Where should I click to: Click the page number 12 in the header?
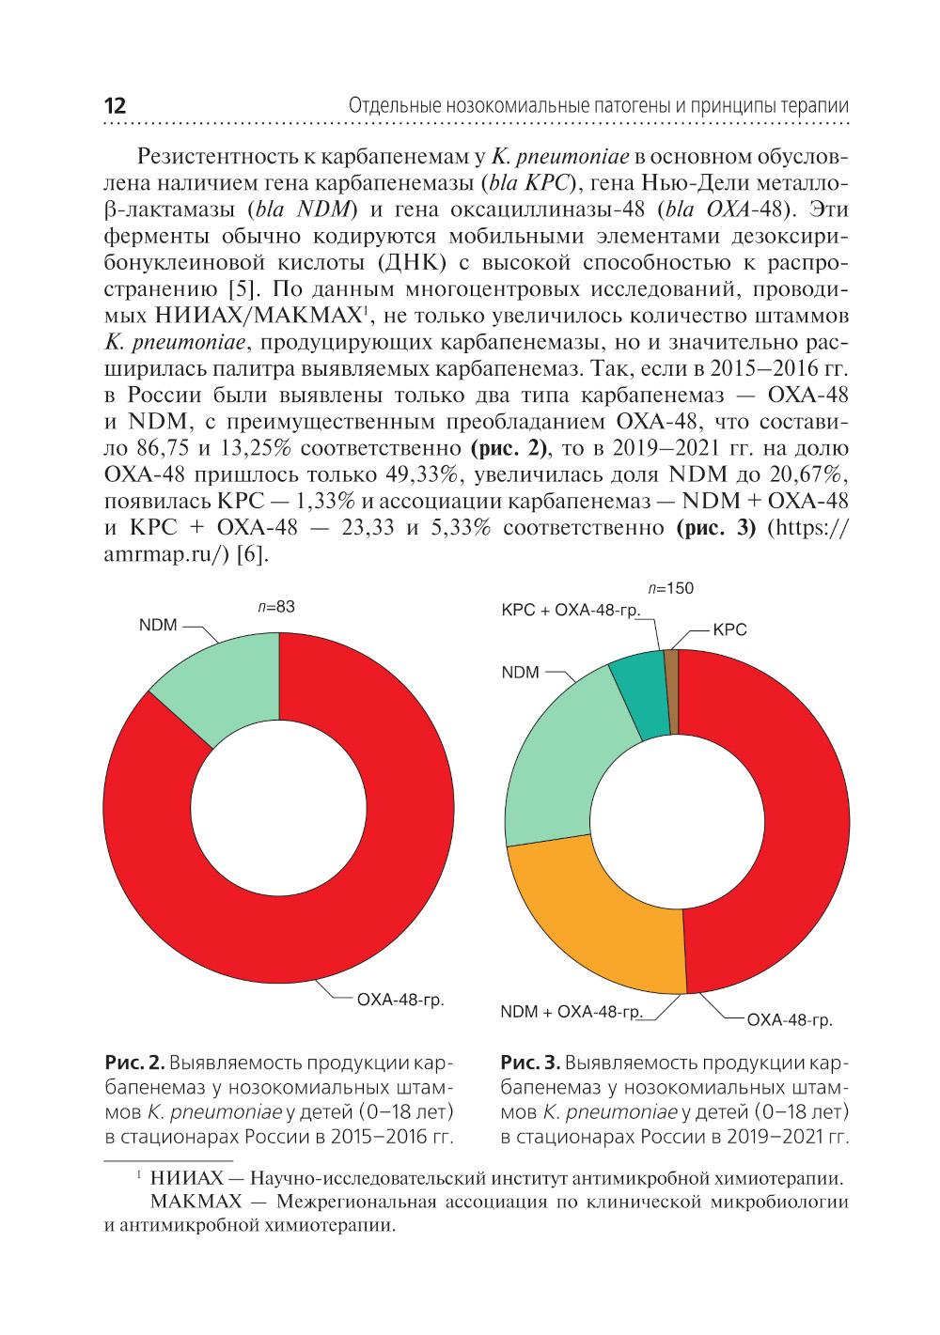tap(113, 105)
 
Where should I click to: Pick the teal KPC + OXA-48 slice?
tap(638, 690)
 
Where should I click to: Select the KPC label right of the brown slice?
tap(730, 630)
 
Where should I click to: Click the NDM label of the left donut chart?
tap(158, 626)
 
